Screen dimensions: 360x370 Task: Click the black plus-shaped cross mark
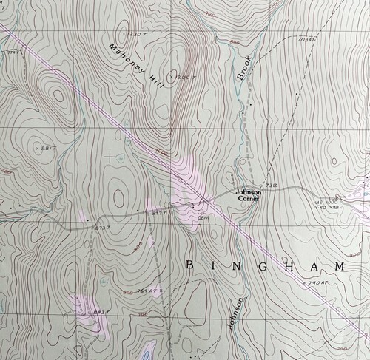click(111, 156)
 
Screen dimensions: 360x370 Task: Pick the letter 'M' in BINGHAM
click(339, 265)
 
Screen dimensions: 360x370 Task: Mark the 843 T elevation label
click(101, 312)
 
